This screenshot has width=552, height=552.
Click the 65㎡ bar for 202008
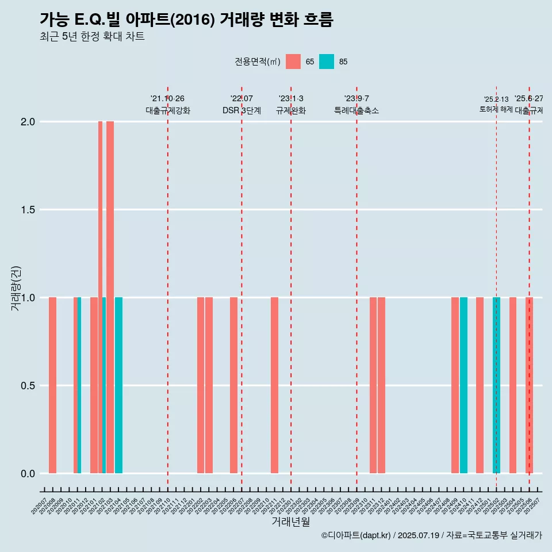[x=52, y=385]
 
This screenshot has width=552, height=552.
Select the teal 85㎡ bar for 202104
[x=118, y=385]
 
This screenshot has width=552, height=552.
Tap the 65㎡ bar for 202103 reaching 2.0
[x=110, y=297]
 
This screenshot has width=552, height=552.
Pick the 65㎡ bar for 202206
[x=233, y=385]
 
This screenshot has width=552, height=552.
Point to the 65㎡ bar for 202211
[x=274, y=385]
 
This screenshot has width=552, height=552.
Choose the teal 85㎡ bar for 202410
[x=463, y=385]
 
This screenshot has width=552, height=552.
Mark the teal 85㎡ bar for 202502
[x=496, y=385]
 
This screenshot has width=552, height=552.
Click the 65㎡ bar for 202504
[x=513, y=385]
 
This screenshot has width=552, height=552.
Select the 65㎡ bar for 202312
[x=381, y=385]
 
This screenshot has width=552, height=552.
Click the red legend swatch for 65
[x=293, y=62]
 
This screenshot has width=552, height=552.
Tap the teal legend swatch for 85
[x=326, y=62]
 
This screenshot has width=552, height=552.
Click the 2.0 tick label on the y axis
[x=28, y=122]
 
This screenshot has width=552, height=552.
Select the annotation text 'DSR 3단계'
[x=241, y=110]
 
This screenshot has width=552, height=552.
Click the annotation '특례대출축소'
[x=356, y=110]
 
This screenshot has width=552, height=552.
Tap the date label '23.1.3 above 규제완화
[x=291, y=99]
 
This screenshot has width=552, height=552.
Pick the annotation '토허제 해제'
[x=496, y=109]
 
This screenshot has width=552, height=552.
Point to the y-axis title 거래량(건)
[x=16, y=287]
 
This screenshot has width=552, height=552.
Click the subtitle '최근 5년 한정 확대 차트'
[x=92, y=37]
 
